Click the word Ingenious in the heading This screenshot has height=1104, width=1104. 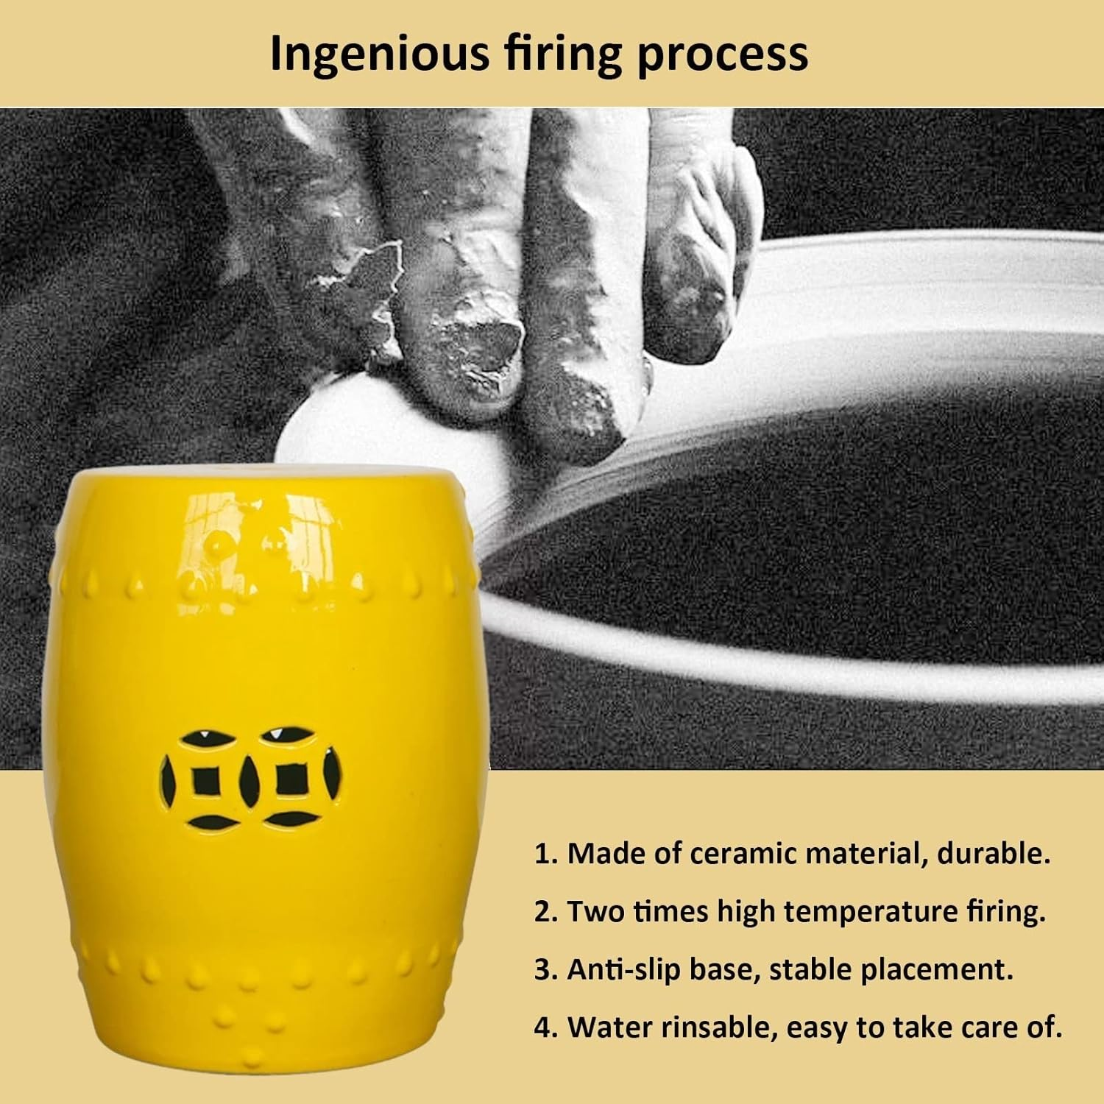pos(379,54)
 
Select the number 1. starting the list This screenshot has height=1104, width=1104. pos(546,854)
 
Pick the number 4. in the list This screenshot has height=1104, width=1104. pos(546,1027)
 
